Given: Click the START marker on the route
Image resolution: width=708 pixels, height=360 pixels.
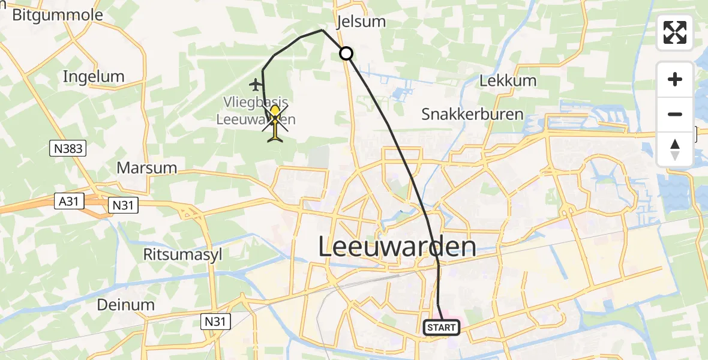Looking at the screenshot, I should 442,328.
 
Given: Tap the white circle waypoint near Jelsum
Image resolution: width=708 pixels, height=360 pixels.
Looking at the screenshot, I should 346,53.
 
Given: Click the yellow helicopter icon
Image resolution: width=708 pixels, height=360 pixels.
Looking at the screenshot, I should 275,122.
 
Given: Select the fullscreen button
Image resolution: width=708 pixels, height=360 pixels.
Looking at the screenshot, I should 675,32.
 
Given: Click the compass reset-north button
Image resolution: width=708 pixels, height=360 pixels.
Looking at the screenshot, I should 675,149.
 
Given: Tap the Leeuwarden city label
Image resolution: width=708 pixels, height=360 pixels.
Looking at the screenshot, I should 397,247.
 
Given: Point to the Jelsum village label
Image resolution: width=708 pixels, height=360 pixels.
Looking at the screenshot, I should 361,22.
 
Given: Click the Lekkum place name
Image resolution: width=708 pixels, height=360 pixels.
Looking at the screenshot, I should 503,80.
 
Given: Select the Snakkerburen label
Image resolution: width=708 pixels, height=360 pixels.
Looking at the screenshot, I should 472,113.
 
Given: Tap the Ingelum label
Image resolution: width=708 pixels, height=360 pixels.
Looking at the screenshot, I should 94,76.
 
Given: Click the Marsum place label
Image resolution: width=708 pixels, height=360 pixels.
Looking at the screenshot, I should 147,167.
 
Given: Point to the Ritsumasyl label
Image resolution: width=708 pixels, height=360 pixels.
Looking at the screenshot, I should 182,254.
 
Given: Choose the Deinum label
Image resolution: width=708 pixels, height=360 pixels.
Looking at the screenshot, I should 126,304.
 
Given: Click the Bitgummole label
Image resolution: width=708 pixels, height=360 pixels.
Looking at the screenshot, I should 58,15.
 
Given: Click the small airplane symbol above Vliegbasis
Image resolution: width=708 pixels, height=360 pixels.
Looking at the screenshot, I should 256,83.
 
